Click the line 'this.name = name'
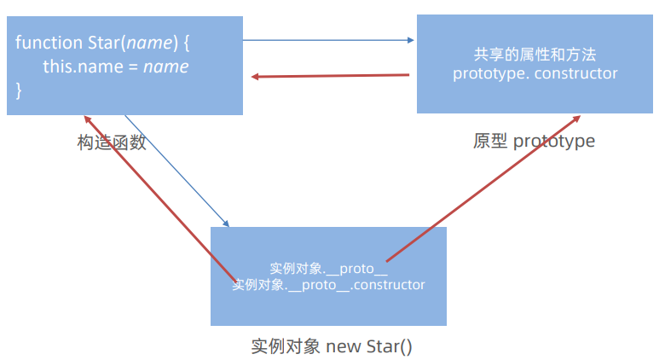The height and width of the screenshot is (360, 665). [115, 66]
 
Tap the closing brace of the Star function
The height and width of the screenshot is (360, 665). [19, 89]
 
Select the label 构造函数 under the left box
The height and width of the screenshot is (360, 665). [112, 143]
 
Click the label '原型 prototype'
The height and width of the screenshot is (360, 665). [534, 141]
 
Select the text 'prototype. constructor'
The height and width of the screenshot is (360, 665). [535, 73]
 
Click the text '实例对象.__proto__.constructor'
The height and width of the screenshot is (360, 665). [328, 284]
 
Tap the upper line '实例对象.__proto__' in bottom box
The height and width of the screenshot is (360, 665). [328, 268]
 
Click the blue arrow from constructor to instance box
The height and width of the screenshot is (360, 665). [177, 171]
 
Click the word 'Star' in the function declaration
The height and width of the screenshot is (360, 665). [104, 42]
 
